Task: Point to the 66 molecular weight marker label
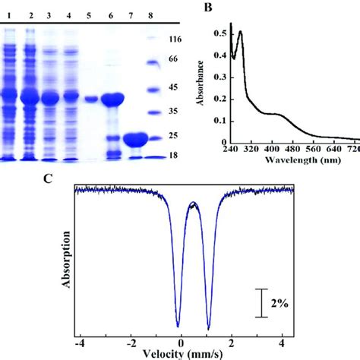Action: (x=173, y=59)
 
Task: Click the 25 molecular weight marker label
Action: (x=173, y=136)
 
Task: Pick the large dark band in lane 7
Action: (x=134, y=140)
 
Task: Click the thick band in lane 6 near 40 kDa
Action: (x=112, y=99)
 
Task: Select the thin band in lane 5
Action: (x=91, y=99)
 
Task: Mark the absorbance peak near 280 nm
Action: (x=240, y=33)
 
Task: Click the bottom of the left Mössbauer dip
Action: (x=178, y=324)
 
